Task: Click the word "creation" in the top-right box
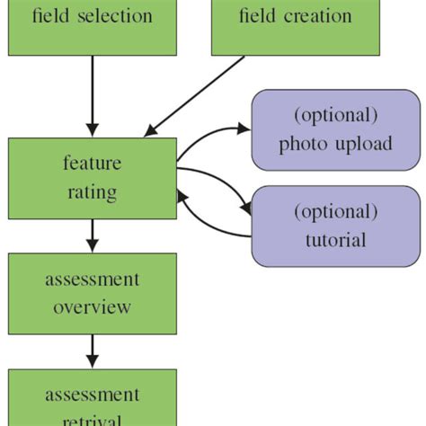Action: (315, 16)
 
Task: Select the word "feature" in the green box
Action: (92, 165)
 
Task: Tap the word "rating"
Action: (92, 191)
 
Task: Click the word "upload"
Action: (362, 144)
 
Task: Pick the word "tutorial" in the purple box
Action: (335, 239)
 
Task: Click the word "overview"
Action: (92, 306)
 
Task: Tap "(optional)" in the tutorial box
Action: (335, 212)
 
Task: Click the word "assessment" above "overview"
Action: (92, 280)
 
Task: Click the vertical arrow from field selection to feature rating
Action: (92, 94)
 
